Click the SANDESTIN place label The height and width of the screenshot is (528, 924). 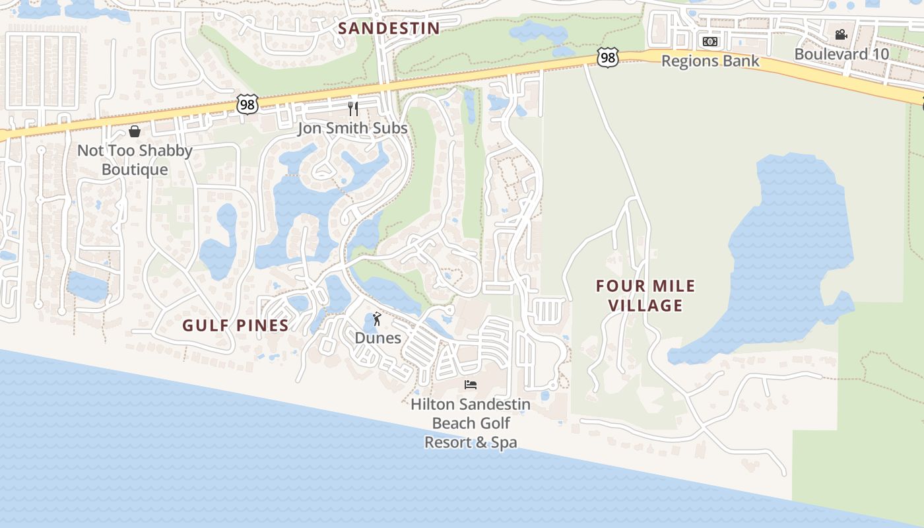(389, 28)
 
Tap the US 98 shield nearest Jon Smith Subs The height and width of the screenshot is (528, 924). (247, 104)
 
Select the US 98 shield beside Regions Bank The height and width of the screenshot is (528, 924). (608, 58)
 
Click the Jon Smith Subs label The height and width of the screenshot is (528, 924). (352, 128)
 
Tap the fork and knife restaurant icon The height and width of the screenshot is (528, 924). (353, 108)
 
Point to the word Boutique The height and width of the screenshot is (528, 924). (135, 170)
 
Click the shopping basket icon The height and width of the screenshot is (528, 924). (135, 131)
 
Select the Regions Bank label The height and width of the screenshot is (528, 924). (710, 61)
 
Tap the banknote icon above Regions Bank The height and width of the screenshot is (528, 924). (710, 42)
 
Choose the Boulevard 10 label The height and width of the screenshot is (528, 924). (841, 54)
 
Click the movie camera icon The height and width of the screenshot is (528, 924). (841, 34)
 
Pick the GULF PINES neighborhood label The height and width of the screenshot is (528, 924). (236, 325)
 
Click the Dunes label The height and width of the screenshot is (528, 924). (378, 338)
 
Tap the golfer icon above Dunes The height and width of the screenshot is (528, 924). (377, 319)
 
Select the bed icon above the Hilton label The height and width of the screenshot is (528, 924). (470, 385)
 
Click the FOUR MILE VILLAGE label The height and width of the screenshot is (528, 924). (645, 296)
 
